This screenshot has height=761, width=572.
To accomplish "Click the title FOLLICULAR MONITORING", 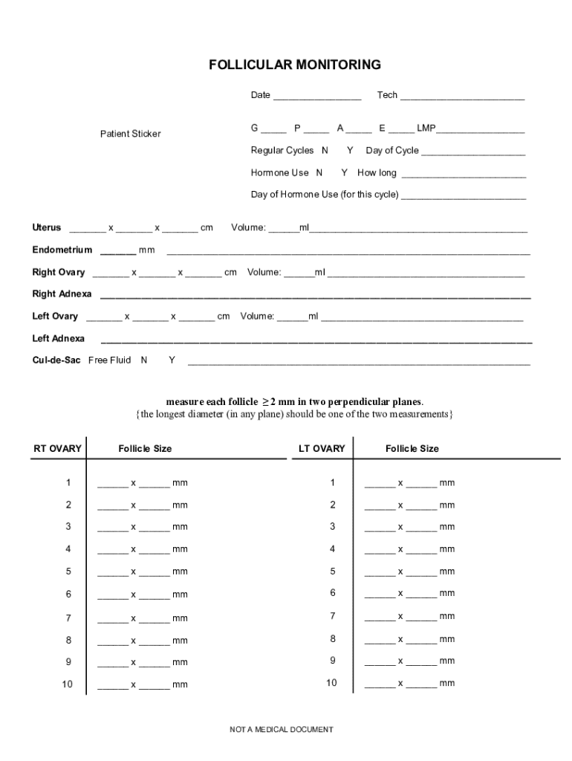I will point(295,65).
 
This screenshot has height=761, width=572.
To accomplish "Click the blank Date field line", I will point(316,97).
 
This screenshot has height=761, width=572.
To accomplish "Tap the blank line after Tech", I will point(462,97).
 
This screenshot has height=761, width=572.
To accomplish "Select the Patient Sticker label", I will point(131,134).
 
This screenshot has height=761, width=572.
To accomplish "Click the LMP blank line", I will point(481,130).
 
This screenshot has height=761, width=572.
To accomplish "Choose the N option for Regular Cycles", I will point(325,151).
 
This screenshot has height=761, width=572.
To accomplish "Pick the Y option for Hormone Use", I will point(344,173).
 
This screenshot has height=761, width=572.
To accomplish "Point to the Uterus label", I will point(47,227).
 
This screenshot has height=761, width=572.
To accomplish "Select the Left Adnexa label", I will point(58,339).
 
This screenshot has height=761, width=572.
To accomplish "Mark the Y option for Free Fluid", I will point(172,360).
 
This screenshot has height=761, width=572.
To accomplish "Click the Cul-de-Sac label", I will point(56,360).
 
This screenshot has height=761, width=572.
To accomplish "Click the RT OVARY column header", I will point(58,449).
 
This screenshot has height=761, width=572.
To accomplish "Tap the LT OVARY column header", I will point(322,449).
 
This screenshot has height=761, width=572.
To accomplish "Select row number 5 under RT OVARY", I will point(68,571).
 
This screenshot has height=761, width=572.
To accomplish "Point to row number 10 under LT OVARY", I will point(332,683).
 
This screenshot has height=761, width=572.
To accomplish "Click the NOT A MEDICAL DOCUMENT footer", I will point(282,730).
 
